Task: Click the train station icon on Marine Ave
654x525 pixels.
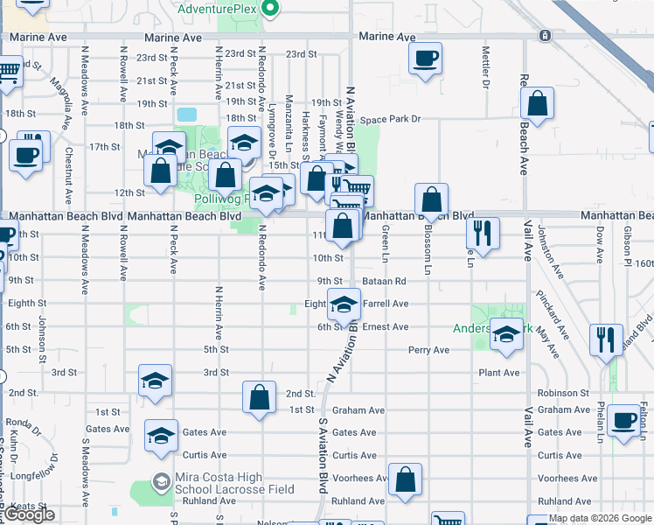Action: click(x=545, y=36)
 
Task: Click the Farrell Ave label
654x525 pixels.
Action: click(x=386, y=304)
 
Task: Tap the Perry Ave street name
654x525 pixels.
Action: click(x=428, y=350)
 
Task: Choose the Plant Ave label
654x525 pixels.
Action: click(x=499, y=373)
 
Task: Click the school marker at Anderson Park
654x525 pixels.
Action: click(x=506, y=336)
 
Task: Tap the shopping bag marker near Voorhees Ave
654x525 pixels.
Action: click(x=406, y=479)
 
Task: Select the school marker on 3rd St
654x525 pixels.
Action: click(x=155, y=381)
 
